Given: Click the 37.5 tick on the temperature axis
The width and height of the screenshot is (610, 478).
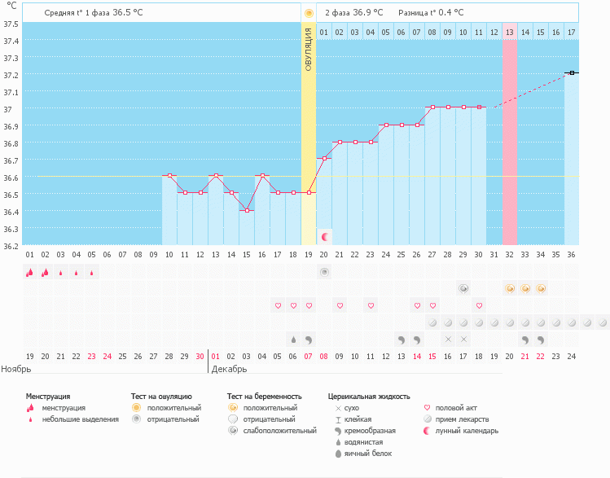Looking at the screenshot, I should click(10, 23).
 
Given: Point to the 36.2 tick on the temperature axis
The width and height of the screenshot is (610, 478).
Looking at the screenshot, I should click(10, 244).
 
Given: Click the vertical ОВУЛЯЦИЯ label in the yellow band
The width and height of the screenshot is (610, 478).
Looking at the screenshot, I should click(309, 49).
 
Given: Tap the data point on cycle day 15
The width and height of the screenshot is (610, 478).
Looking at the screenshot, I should click(247, 210).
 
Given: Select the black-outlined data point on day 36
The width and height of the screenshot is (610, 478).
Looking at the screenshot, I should click(572, 72).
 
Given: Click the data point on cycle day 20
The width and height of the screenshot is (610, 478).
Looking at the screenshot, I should click(324, 158).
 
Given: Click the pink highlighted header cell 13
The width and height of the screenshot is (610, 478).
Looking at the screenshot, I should click(510, 32).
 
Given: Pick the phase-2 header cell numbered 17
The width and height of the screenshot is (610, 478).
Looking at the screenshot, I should click(572, 32).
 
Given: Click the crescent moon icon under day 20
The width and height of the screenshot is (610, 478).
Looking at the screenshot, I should click(324, 236).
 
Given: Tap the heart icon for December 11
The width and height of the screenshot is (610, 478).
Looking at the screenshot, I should click(371, 305).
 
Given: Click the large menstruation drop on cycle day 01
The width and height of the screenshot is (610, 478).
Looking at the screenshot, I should click(29, 273).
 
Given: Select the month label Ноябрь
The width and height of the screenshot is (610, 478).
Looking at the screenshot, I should click(16, 369).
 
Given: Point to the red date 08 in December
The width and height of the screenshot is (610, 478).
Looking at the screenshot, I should click(324, 356).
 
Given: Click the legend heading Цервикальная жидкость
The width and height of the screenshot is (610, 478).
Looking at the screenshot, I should click(368, 397).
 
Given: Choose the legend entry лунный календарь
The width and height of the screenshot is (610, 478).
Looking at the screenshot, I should click(467, 431).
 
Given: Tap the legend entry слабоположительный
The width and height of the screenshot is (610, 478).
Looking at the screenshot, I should click(281, 431).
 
